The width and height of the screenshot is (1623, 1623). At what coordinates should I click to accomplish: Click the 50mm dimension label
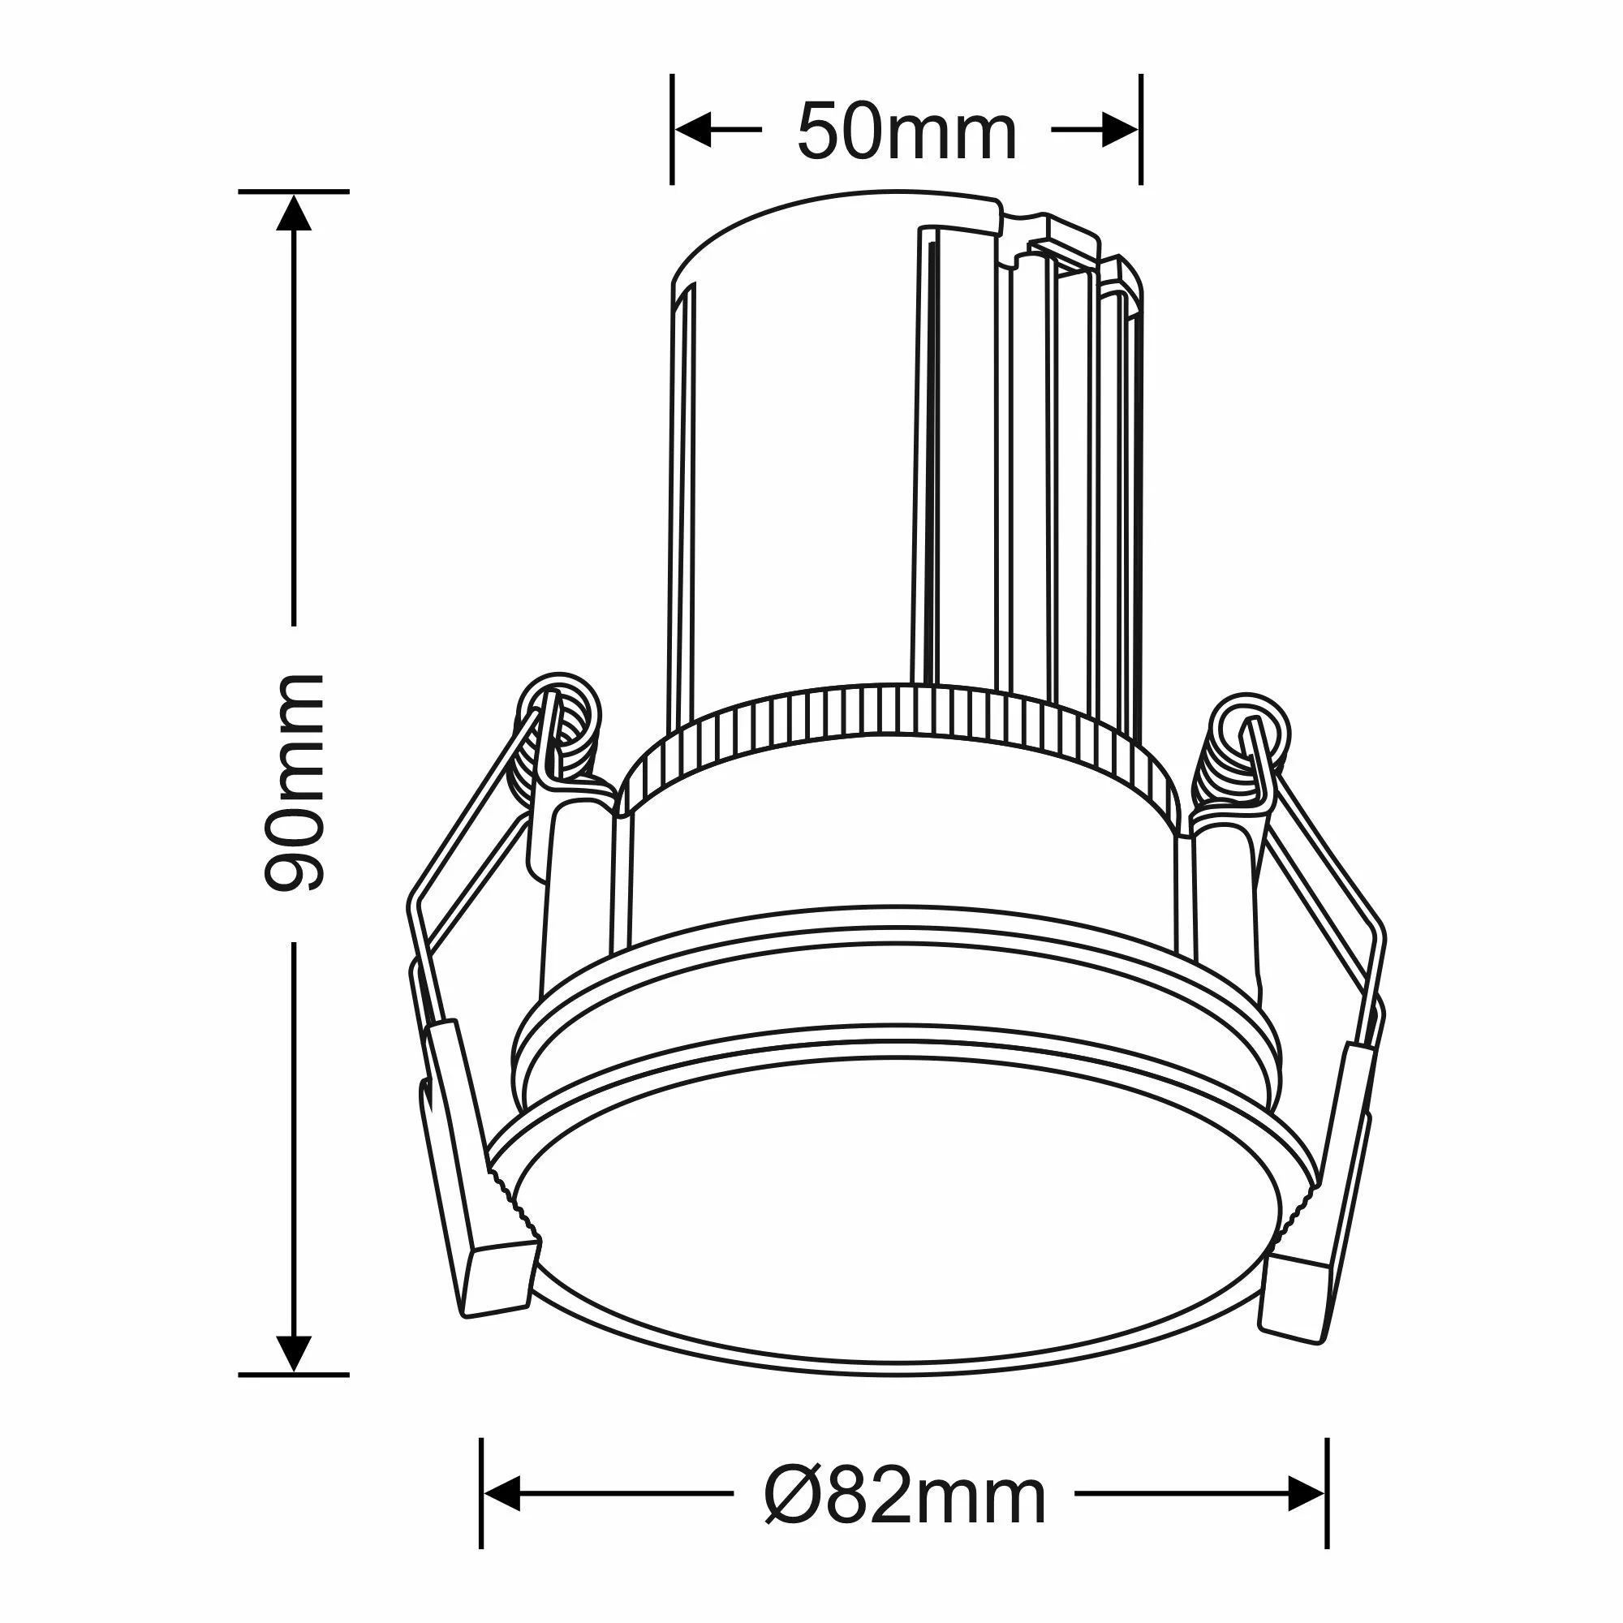(906, 132)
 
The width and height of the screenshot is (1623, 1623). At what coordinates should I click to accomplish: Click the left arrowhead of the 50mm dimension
(694, 129)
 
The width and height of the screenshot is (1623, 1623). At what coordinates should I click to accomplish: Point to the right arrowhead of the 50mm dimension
(1120, 129)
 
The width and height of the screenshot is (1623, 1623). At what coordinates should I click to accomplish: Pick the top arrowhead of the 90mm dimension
(294, 213)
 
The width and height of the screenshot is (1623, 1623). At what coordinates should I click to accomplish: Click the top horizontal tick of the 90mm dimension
(293, 192)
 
